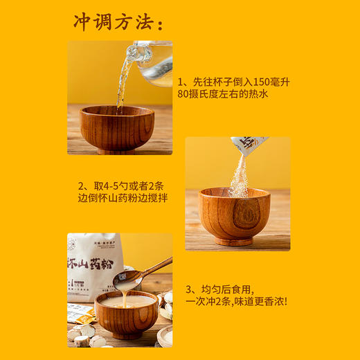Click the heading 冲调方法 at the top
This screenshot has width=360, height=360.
click(x=118, y=23)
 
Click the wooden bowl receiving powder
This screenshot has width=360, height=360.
click(x=235, y=215)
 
